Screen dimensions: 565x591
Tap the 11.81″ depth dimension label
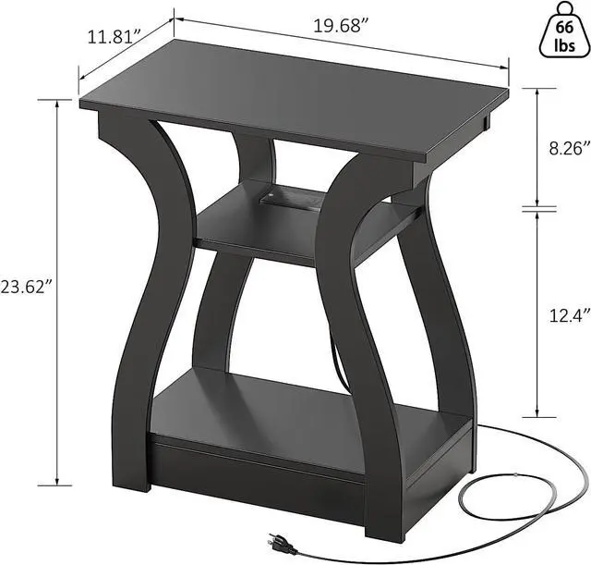coord(113,38)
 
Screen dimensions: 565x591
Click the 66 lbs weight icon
coord(563,30)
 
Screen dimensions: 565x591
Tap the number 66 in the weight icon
coord(563,27)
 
